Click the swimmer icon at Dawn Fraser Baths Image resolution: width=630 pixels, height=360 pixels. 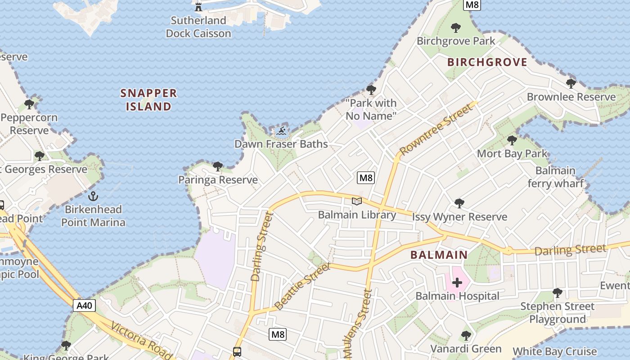pyautogui.click(x=281, y=131)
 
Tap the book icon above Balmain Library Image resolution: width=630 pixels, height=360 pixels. pyautogui.click(x=357, y=201)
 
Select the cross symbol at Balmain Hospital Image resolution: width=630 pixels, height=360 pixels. pyautogui.click(x=457, y=283)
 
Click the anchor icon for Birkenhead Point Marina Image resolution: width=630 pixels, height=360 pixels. pyautogui.click(x=93, y=196)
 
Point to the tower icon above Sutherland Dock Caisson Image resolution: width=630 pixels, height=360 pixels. pyautogui.click(x=198, y=6)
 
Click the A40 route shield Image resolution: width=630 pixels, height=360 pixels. pyautogui.click(x=84, y=306)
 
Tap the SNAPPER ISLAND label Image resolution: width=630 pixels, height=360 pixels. pyautogui.click(x=148, y=100)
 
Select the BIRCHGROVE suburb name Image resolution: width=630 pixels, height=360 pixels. pyautogui.click(x=487, y=62)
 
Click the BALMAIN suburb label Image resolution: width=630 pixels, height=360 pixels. pyautogui.click(x=439, y=255)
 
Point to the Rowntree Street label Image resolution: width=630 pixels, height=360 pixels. pyautogui.click(x=436, y=129)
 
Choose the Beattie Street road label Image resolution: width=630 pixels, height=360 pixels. pyautogui.click(x=302, y=287)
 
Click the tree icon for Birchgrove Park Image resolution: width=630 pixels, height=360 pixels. pyautogui.click(x=455, y=28)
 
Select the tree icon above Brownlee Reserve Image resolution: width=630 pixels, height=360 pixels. pyautogui.click(x=571, y=84)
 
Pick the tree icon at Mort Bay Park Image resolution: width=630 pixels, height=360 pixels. pyautogui.click(x=512, y=140)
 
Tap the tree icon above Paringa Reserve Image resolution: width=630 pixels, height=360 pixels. pyautogui.click(x=218, y=166)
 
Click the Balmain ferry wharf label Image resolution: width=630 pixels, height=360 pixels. pyautogui.click(x=555, y=177)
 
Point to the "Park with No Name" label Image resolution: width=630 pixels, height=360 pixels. pyautogui.click(x=371, y=109)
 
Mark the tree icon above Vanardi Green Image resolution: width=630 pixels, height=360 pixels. pyautogui.click(x=466, y=336)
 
